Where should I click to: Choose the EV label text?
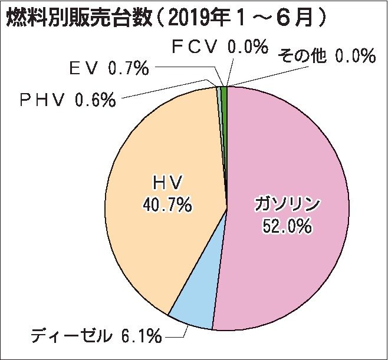[x=85, y=70]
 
